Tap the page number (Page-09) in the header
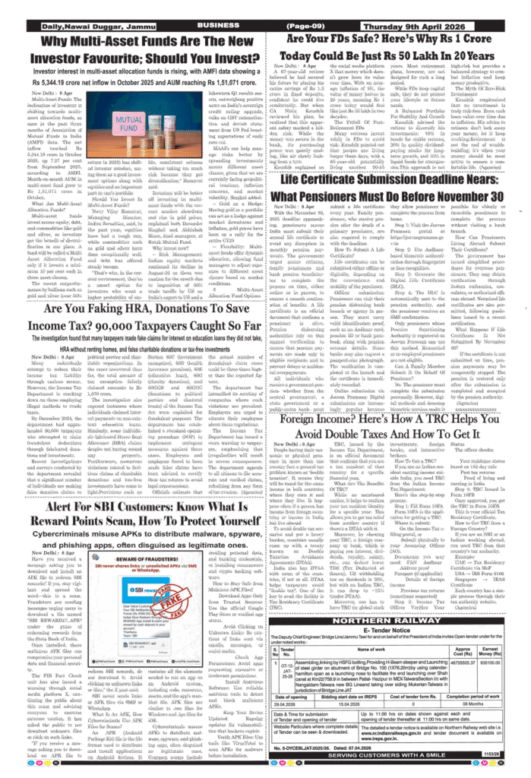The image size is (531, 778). pyautogui.click(x=306, y=25)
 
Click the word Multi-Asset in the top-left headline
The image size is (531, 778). pyautogui.click(x=105, y=43)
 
